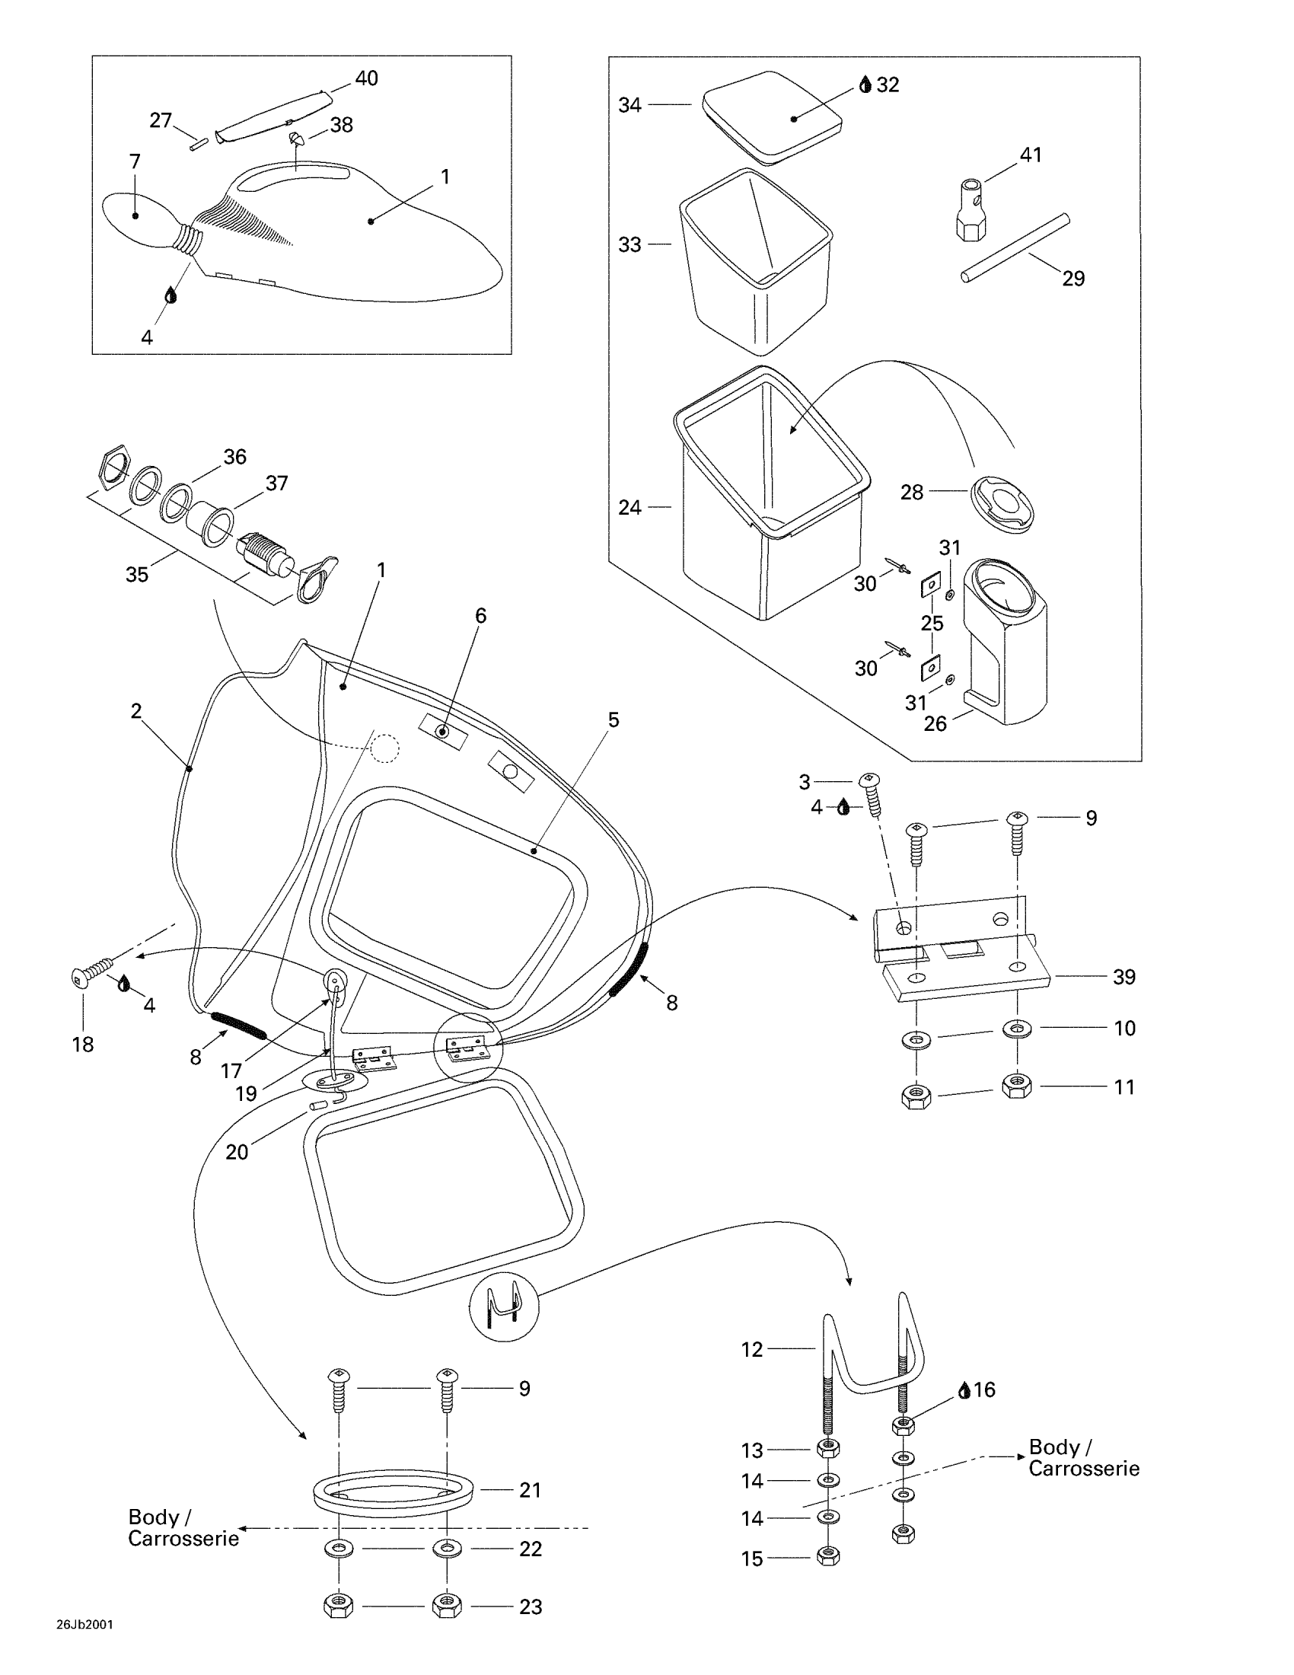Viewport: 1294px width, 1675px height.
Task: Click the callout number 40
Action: (x=366, y=78)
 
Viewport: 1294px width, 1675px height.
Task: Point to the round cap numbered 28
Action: (x=1001, y=503)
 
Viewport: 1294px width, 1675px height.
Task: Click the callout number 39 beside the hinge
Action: (x=1123, y=977)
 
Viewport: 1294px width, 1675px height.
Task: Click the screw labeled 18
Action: (x=91, y=974)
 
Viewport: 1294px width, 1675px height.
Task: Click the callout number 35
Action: (x=136, y=574)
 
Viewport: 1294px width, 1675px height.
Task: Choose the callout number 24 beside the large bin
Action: (x=629, y=508)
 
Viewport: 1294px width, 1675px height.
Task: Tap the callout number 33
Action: (x=629, y=244)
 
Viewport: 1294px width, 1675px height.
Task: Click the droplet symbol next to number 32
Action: (x=865, y=85)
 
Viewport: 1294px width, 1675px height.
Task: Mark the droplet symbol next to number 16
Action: (x=964, y=1389)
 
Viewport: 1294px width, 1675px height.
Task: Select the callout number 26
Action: (x=935, y=723)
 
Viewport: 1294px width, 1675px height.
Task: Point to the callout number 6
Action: (x=480, y=615)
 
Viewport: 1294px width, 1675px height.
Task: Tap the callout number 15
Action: (x=752, y=1559)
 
